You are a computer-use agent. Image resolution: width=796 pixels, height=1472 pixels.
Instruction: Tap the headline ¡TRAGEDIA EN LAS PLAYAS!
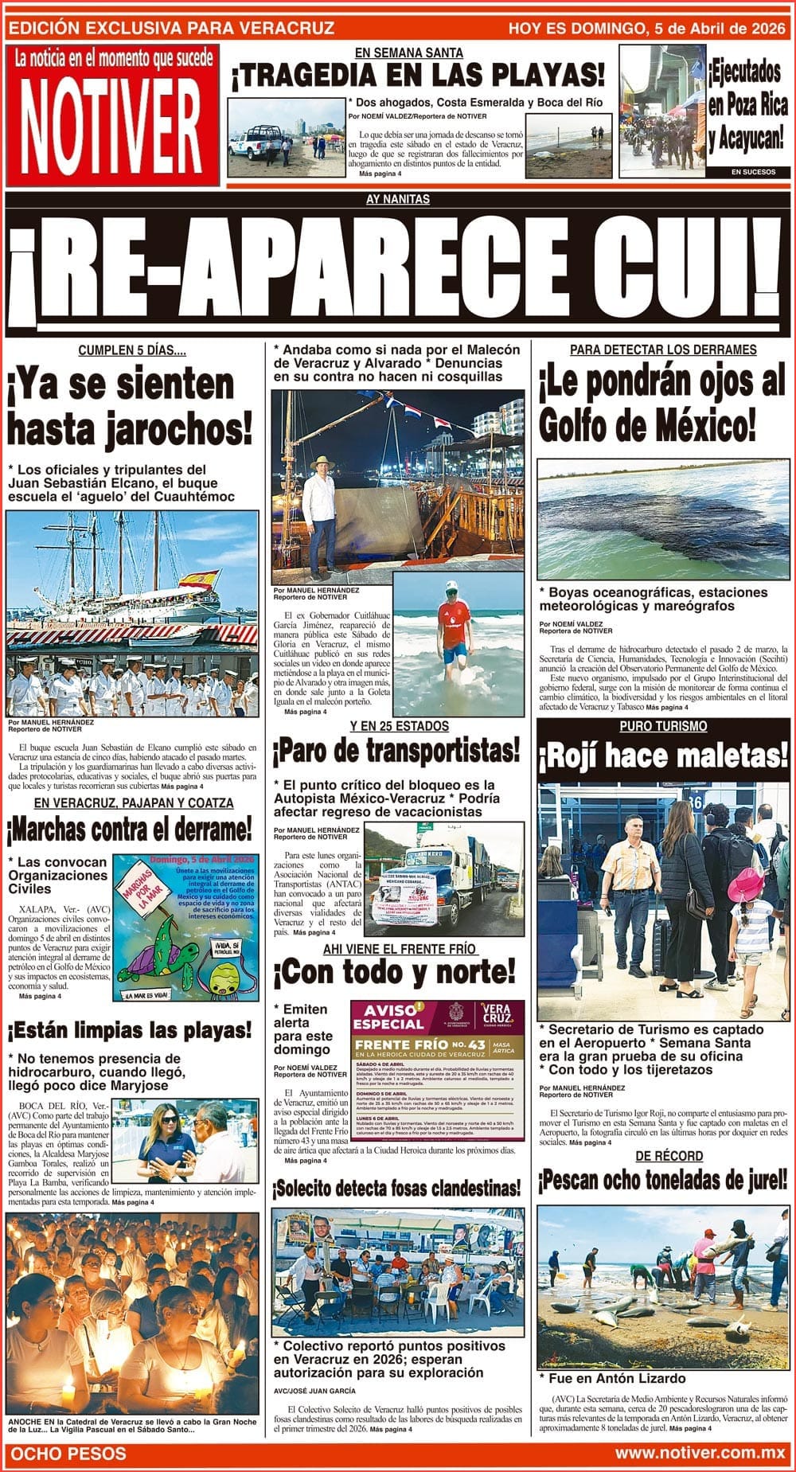pos(418,76)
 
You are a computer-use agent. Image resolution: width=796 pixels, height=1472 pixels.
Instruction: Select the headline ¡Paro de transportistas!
pos(396,749)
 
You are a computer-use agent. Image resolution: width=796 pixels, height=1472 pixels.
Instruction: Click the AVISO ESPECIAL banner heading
pos(388,1017)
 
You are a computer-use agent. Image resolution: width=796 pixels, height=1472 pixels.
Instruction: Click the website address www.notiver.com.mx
pos(700,1452)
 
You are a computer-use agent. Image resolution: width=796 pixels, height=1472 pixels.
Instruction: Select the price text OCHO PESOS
pos(68,1453)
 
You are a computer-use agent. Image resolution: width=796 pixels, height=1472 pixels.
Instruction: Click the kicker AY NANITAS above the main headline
pos(398,200)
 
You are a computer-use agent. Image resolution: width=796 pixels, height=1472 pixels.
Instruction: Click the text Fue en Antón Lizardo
pos(612,1378)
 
